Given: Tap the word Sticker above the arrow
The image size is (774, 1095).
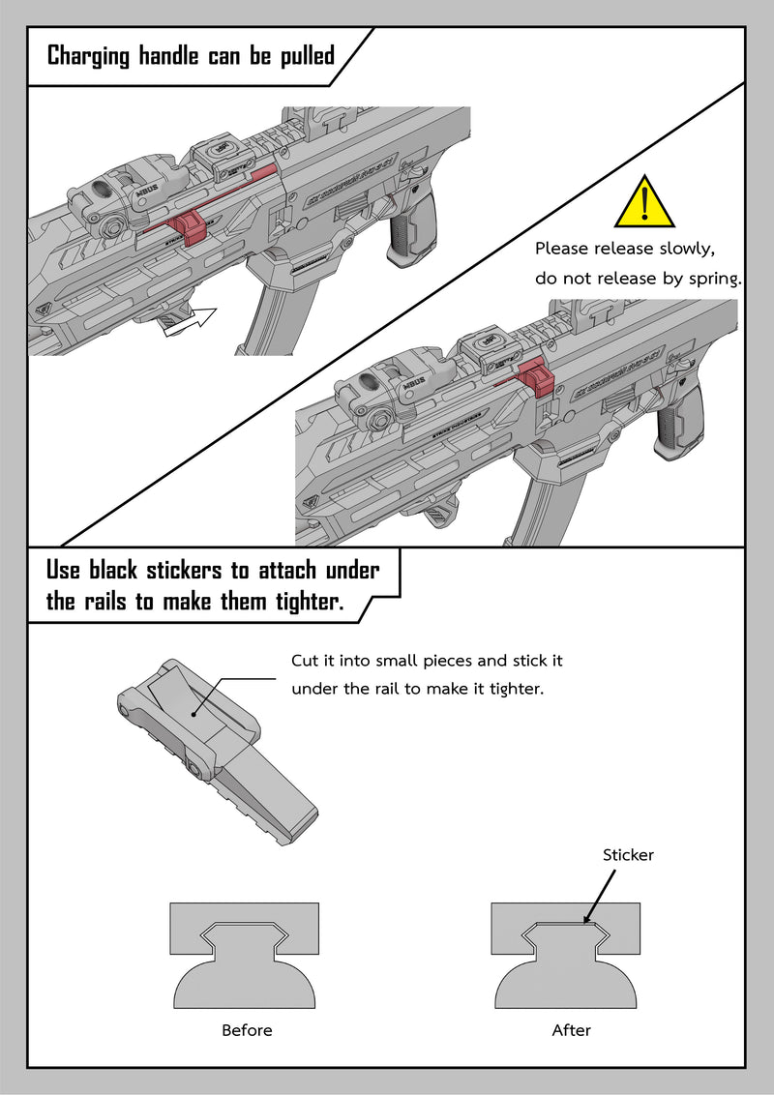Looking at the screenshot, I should pyautogui.click(x=628, y=855).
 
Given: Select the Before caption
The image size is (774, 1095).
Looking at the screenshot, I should pyautogui.click(x=247, y=1030).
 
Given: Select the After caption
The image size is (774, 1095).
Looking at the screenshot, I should pyautogui.click(x=571, y=1030).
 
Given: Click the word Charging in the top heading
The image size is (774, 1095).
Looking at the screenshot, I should pyautogui.click(x=88, y=55).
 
